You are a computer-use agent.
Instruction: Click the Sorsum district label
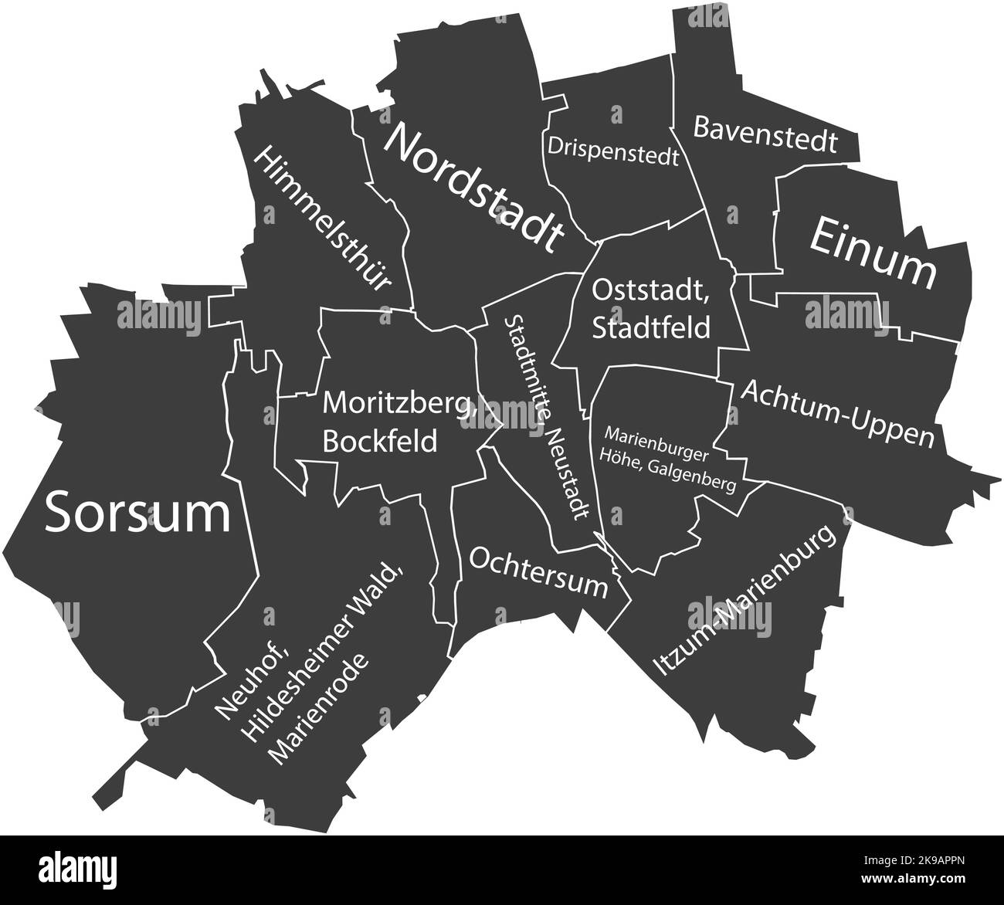(x=137, y=514)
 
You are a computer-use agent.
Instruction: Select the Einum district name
(x=872, y=253)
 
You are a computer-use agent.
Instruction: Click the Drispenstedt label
(x=613, y=151)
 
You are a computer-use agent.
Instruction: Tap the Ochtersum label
(x=538, y=572)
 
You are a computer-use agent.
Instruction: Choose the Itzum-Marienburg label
(x=745, y=602)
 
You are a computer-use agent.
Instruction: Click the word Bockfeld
(x=379, y=441)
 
